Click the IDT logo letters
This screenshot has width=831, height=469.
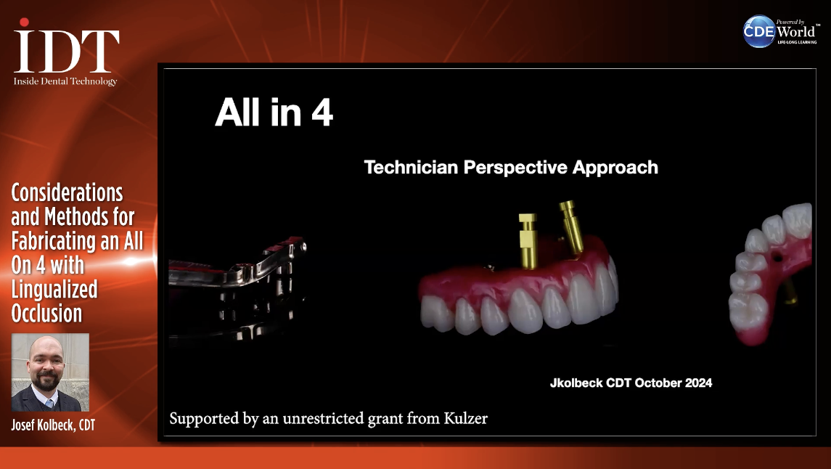click(x=66, y=51)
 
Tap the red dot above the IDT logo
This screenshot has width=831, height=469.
click(x=24, y=23)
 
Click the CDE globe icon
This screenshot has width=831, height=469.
click(x=759, y=31)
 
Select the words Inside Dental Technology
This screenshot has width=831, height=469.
click(x=65, y=81)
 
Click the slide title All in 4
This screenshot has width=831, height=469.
click(x=274, y=113)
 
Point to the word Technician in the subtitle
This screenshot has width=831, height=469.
click(x=411, y=168)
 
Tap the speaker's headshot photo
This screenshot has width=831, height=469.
click(x=50, y=372)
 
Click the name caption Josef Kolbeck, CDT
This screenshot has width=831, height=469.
click(x=53, y=425)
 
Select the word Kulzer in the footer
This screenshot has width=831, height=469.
click(x=465, y=418)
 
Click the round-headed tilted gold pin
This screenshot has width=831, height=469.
click(x=571, y=227)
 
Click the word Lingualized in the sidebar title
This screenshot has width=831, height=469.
click(x=54, y=290)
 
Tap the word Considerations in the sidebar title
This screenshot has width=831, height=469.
click(x=67, y=193)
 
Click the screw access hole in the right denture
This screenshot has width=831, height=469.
click(x=777, y=258)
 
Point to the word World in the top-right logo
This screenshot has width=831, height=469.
click(x=796, y=32)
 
